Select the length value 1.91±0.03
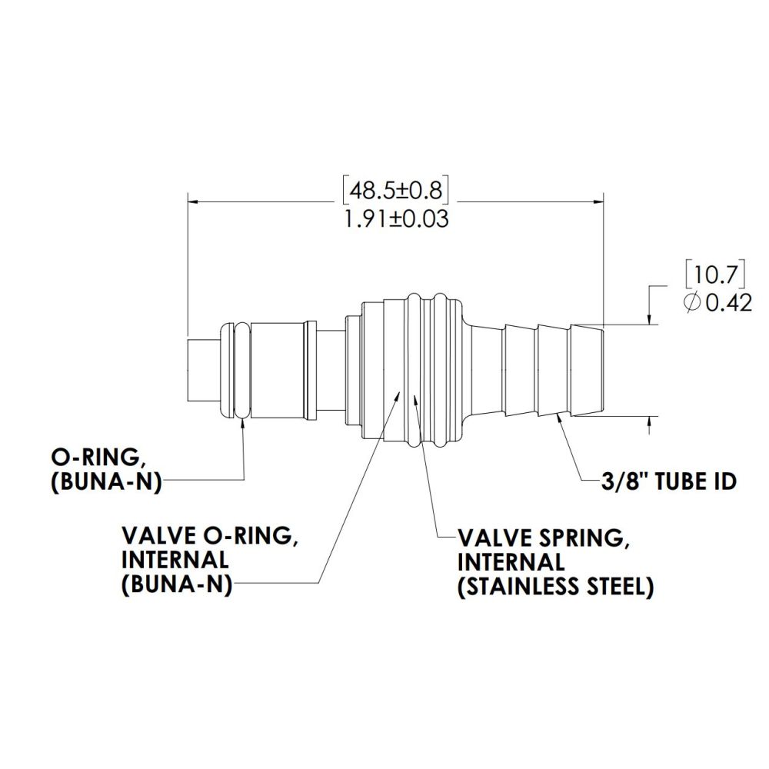pos(397,218)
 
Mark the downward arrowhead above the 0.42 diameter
pos(651,318)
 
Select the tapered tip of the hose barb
pos(589,371)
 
